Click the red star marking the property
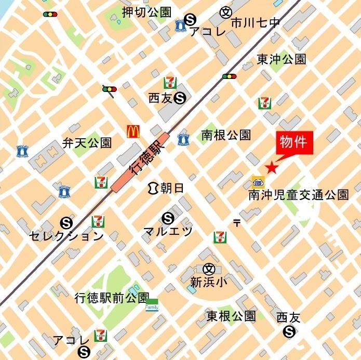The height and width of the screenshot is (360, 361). [x=271, y=167]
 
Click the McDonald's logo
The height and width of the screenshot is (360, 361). [x=132, y=131]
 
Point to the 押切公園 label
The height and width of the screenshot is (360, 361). [x=146, y=11]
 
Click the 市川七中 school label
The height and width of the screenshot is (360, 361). [x=256, y=23]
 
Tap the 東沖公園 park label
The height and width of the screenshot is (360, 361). [x=282, y=59]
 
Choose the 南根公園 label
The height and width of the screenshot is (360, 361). [x=226, y=136]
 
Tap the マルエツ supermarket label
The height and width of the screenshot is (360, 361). [x=168, y=232]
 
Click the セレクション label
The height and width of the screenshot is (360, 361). [x=66, y=236]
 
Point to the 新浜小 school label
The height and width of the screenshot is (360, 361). [x=209, y=283]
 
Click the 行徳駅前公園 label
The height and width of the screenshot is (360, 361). [x=112, y=298]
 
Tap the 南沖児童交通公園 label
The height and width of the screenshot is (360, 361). [x=298, y=195]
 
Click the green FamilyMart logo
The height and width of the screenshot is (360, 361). [x=152, y=304]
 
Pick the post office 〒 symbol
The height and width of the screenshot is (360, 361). [x=237, y=223]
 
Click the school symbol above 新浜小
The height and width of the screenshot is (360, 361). [x=209, y=269]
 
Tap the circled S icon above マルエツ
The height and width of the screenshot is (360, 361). [x=168, y=218]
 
